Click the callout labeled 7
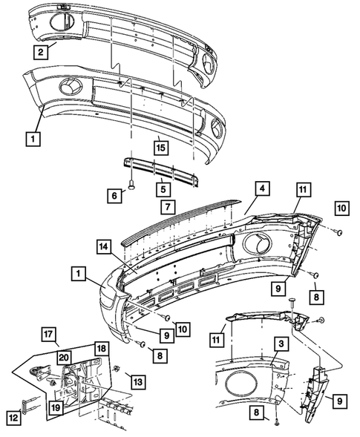pyautogui.click(x=168, y=205)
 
